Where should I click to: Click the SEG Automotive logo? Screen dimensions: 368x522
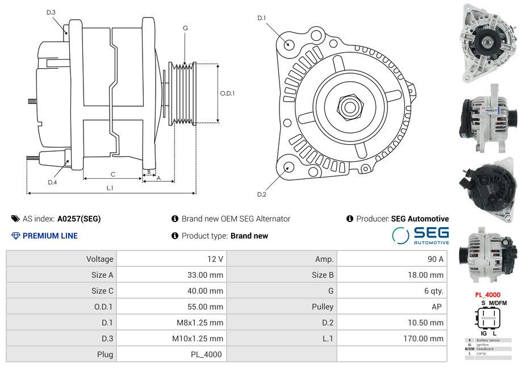(x=420, y=236)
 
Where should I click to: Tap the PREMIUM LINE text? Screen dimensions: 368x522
(x=50, y=236)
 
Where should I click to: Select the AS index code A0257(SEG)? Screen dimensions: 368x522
(x=79, y=219)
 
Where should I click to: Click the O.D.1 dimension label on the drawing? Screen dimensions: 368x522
(x=227, y=93)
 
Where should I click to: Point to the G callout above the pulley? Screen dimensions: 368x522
(x=185, y=28)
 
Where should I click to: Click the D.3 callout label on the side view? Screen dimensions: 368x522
(x=51, y=12)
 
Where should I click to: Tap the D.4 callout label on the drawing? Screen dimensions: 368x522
(x=52, y=182)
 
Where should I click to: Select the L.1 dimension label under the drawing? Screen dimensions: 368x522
(x=110, y=188)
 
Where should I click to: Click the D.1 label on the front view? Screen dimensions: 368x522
(x=261, y=18)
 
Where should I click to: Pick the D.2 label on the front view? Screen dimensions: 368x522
(x=261, y=195)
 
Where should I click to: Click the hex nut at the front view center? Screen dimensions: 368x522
(x=349, y=106)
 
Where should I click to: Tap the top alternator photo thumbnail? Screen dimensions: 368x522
(x=488, y=41)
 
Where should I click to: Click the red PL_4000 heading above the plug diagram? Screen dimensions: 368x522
(x=487, y=295)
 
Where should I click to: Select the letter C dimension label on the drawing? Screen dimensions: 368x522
(x=113, y=174)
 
